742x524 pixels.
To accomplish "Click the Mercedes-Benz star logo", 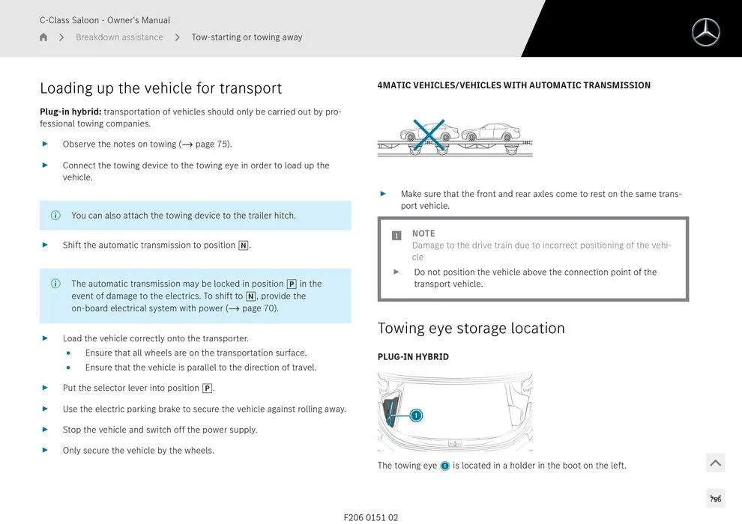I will click(705, 32).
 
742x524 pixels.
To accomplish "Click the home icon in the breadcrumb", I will click(43, 37).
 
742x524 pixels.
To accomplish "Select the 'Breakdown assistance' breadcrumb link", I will click(119, 37).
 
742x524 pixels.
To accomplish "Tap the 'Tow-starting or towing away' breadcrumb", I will click(247, 37).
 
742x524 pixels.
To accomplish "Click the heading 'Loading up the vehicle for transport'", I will click(160, 88).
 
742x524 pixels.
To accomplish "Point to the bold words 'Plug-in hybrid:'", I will click(70, 112).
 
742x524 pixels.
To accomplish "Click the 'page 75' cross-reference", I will click(212, 144).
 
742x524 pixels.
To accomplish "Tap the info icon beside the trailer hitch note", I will click(55, 216).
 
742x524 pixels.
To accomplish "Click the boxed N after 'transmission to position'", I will click(243, 246).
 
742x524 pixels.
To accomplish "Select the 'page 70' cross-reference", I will click(259, 308).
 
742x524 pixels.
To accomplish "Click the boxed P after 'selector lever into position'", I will click(207, 389).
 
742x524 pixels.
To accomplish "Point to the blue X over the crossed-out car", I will click(429, 134).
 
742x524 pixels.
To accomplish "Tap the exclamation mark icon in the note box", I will click(396, 235).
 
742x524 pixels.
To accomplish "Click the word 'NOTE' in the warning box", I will click(423, 234).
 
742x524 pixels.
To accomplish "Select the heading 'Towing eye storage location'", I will click(471, 328).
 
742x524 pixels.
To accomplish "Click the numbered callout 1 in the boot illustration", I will click(416, 415).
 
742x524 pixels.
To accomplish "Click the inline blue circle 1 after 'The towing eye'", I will click(444, 466).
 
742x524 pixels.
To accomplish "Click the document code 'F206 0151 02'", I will click(371, 517).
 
